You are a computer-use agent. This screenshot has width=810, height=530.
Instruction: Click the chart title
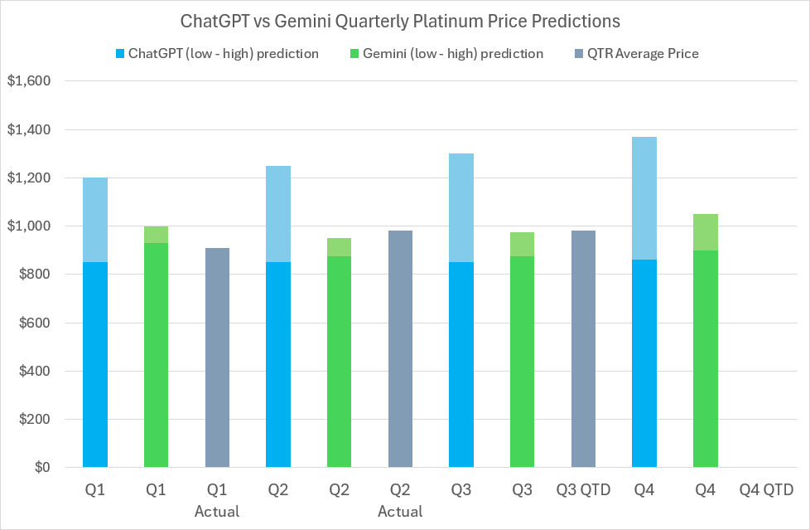pos(405,19)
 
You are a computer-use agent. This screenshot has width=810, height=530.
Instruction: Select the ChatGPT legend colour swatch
pos(118,54)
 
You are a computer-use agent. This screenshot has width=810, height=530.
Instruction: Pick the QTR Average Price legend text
pos(644,54)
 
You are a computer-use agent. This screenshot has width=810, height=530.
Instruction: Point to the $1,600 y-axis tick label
pos(29,81)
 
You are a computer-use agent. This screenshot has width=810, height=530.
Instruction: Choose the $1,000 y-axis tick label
pos(29,226)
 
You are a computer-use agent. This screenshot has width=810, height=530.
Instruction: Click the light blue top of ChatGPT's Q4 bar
pos(644,198)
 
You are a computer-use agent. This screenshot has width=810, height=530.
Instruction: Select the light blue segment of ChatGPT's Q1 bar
pos(95,220)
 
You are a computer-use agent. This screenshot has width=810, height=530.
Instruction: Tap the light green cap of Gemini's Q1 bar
pos(157,235)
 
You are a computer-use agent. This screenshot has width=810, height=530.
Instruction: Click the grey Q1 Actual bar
pos(217,357)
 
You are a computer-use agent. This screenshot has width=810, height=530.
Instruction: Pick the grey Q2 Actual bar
pos(400,349)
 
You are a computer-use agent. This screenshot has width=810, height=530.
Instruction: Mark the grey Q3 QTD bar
pos(583,349)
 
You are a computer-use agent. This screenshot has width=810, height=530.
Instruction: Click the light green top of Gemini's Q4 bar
pos(706,232)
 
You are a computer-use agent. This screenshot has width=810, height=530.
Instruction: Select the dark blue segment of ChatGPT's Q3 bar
pos(461,365)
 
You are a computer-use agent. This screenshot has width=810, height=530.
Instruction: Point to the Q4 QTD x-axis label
pos(766,490)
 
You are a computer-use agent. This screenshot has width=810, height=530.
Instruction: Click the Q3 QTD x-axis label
pos(583,490)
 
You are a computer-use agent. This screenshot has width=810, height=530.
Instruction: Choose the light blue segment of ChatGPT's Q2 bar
pos(278,214)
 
